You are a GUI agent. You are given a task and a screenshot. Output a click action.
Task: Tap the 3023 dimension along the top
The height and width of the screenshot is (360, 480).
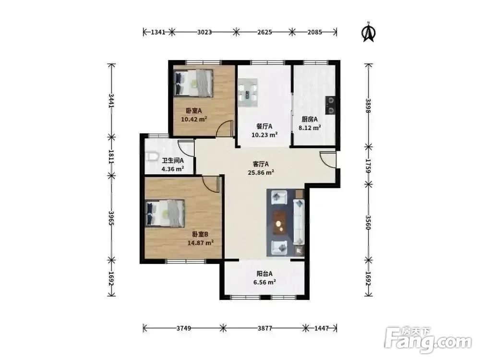[204, 32]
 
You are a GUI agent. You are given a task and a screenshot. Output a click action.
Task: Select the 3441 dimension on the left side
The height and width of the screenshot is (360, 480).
[111, 100]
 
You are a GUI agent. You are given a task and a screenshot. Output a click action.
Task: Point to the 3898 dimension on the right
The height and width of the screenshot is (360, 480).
[368, 106]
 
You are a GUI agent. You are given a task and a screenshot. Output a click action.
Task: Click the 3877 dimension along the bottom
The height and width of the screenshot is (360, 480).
[264, 328]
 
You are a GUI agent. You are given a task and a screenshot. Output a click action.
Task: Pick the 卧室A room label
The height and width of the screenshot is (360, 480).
[193, 110]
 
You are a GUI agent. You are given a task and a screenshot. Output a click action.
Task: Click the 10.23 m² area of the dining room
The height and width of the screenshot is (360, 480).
[264, 135]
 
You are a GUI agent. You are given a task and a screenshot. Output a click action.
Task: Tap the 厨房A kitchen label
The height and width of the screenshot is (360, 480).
[309, 119]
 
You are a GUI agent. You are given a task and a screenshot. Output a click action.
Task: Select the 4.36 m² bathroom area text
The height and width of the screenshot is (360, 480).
[173, 168]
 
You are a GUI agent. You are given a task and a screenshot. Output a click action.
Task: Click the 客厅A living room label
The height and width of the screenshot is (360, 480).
[261, 164]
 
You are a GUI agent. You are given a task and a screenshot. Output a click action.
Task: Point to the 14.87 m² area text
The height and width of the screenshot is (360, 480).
[201, 243]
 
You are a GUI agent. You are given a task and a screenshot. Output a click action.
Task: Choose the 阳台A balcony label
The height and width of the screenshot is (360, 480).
[264, 274]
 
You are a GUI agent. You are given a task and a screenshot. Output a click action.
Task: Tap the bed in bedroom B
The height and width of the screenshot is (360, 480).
[165, 214]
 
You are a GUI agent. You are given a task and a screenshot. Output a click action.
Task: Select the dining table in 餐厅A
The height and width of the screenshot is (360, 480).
[248, 93]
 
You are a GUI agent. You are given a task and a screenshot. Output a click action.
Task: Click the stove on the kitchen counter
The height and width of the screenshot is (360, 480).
[331, 105]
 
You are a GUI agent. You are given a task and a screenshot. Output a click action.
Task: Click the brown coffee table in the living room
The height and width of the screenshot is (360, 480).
[280, 223]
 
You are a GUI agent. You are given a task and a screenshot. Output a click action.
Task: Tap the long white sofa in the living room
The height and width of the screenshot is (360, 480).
[299, 222]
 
